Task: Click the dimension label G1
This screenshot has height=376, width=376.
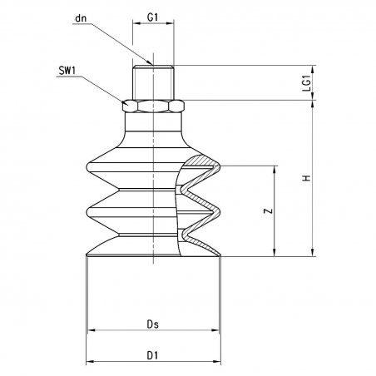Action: click(152, 17)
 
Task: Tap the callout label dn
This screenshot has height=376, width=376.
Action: click(81, 18)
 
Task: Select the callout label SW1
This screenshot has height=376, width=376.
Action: click(67, 71)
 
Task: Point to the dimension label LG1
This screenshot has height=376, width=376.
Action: click(307, 83)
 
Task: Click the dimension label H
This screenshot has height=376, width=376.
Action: click(307, 178)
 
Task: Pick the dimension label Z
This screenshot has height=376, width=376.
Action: click(268, 210)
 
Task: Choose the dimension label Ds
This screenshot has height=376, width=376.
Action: click(153, 324)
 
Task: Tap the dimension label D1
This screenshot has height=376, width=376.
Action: click(152, 355)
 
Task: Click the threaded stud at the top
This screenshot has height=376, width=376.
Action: click(153, 82)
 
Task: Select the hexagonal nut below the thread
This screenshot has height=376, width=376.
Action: click(153, 106)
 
